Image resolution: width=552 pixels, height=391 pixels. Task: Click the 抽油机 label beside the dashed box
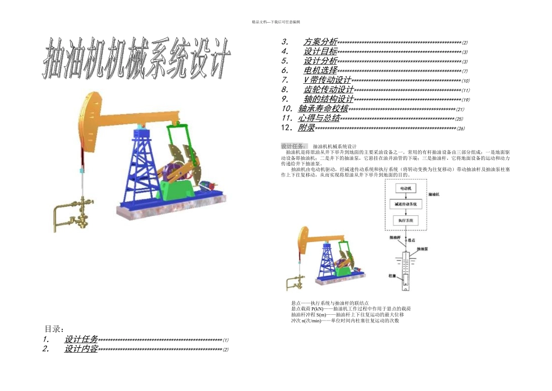(433, 194)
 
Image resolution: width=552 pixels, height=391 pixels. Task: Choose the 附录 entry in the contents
(306, 128)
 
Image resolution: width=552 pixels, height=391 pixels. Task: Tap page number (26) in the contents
(460, 129)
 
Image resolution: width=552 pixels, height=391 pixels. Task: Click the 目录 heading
(54, 329)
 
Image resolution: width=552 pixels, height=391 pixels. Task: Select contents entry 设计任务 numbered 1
(81, 339)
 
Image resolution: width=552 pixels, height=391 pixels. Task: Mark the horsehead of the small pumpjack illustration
(303, 238)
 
